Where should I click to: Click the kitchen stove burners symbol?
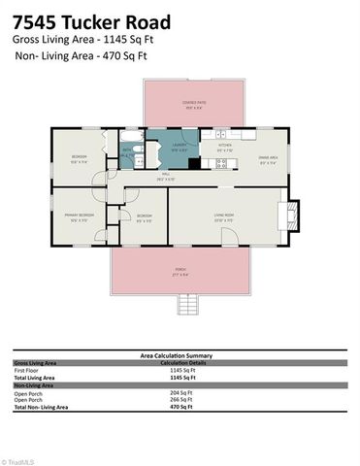click(221, 163)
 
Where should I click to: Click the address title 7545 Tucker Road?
click(91, 22)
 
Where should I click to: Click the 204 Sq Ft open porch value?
click(181, 392)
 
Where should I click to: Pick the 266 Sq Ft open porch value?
click(181, 400)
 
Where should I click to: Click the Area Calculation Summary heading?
click(180, 355)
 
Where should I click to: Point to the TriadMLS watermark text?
click(21, 460)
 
